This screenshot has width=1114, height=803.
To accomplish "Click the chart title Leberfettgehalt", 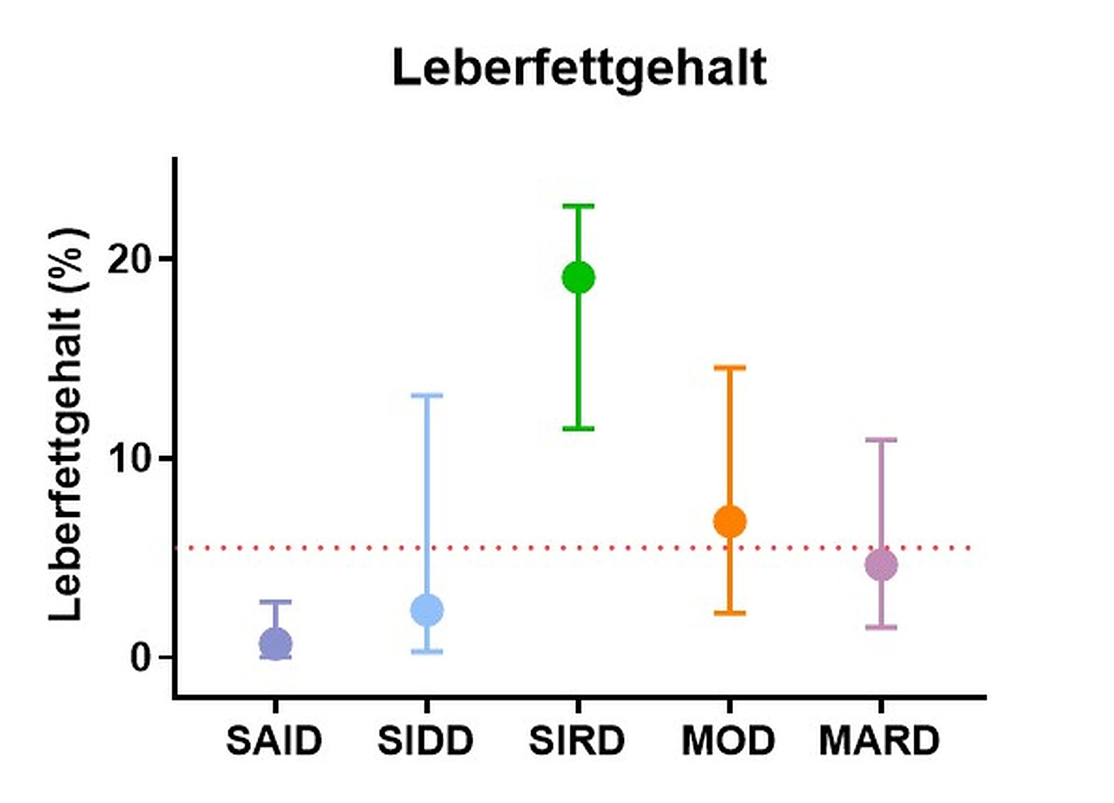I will coord(579,68).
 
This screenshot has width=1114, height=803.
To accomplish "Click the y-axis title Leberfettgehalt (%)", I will coord(67,424).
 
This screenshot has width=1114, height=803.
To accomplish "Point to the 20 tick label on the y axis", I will coord(130,259).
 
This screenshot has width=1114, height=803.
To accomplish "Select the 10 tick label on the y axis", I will coord(130,458).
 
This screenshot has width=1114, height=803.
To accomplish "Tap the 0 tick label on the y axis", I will coord(141,658).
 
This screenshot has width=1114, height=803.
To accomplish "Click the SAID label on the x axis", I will coord(274,740).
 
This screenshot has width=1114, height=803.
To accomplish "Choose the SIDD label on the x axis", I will coord(426,740).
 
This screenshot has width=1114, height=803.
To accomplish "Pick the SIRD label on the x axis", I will coord(577,740).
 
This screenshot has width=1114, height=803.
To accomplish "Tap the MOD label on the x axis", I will coord(728,740).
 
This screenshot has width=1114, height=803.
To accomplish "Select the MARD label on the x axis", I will coord(880,740).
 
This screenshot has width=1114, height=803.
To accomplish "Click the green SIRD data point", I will coord(578,278).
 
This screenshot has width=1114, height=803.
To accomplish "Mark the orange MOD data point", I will coord(730,522).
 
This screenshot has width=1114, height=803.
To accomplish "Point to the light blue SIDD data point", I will coord(427,610).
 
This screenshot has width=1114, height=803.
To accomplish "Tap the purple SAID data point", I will coord(275,644).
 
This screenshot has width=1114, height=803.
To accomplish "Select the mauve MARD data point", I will coord(881,565).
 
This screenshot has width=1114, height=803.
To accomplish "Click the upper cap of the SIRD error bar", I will coord(578,206).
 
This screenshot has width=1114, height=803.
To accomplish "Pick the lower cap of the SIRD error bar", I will coord(578,429).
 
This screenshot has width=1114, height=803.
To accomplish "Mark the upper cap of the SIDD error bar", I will coord(427,395).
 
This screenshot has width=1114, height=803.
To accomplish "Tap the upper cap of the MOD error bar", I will coord(730,368).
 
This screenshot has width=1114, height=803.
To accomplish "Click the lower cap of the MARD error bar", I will coord(881,627).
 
